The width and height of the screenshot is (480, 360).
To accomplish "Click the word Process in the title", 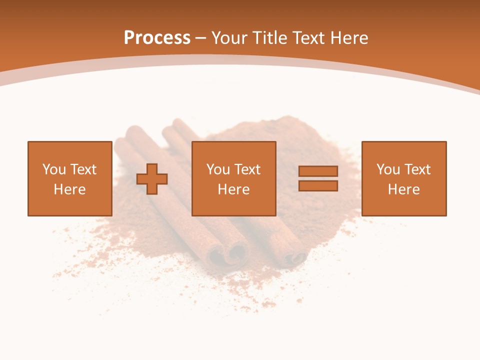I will click(x=157, y=38).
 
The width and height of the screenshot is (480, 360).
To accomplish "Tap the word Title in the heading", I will click(x=271, y=38).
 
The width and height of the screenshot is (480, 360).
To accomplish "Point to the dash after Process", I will click(x=200, y=38).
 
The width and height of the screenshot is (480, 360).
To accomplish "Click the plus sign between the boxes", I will click(x=152, y=179).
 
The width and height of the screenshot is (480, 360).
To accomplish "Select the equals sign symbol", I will click(x=318, y=178).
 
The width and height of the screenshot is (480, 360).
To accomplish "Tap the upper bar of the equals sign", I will click(x=318, y=171).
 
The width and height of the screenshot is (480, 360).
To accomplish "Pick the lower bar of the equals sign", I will click(x=318, y=186).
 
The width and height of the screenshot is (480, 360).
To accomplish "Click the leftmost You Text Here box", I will click(x=69, y=178).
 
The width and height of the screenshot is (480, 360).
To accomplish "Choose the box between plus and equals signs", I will click(x=233, y=178).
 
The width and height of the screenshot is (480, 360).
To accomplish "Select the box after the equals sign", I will click(x=403, y=178).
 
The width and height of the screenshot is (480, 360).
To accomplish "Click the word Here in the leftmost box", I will click(x=69, y=189).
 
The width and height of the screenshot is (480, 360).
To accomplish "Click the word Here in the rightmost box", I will click(x=403, y=189).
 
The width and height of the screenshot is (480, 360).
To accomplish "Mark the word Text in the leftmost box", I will click(x=83, y=169).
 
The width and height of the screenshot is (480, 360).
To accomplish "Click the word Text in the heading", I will click(x=309, y=38).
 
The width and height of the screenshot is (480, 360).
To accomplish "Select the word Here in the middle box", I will click(x=233, y=189).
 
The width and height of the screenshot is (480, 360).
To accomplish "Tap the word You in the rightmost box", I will click(x=388, y=169).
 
